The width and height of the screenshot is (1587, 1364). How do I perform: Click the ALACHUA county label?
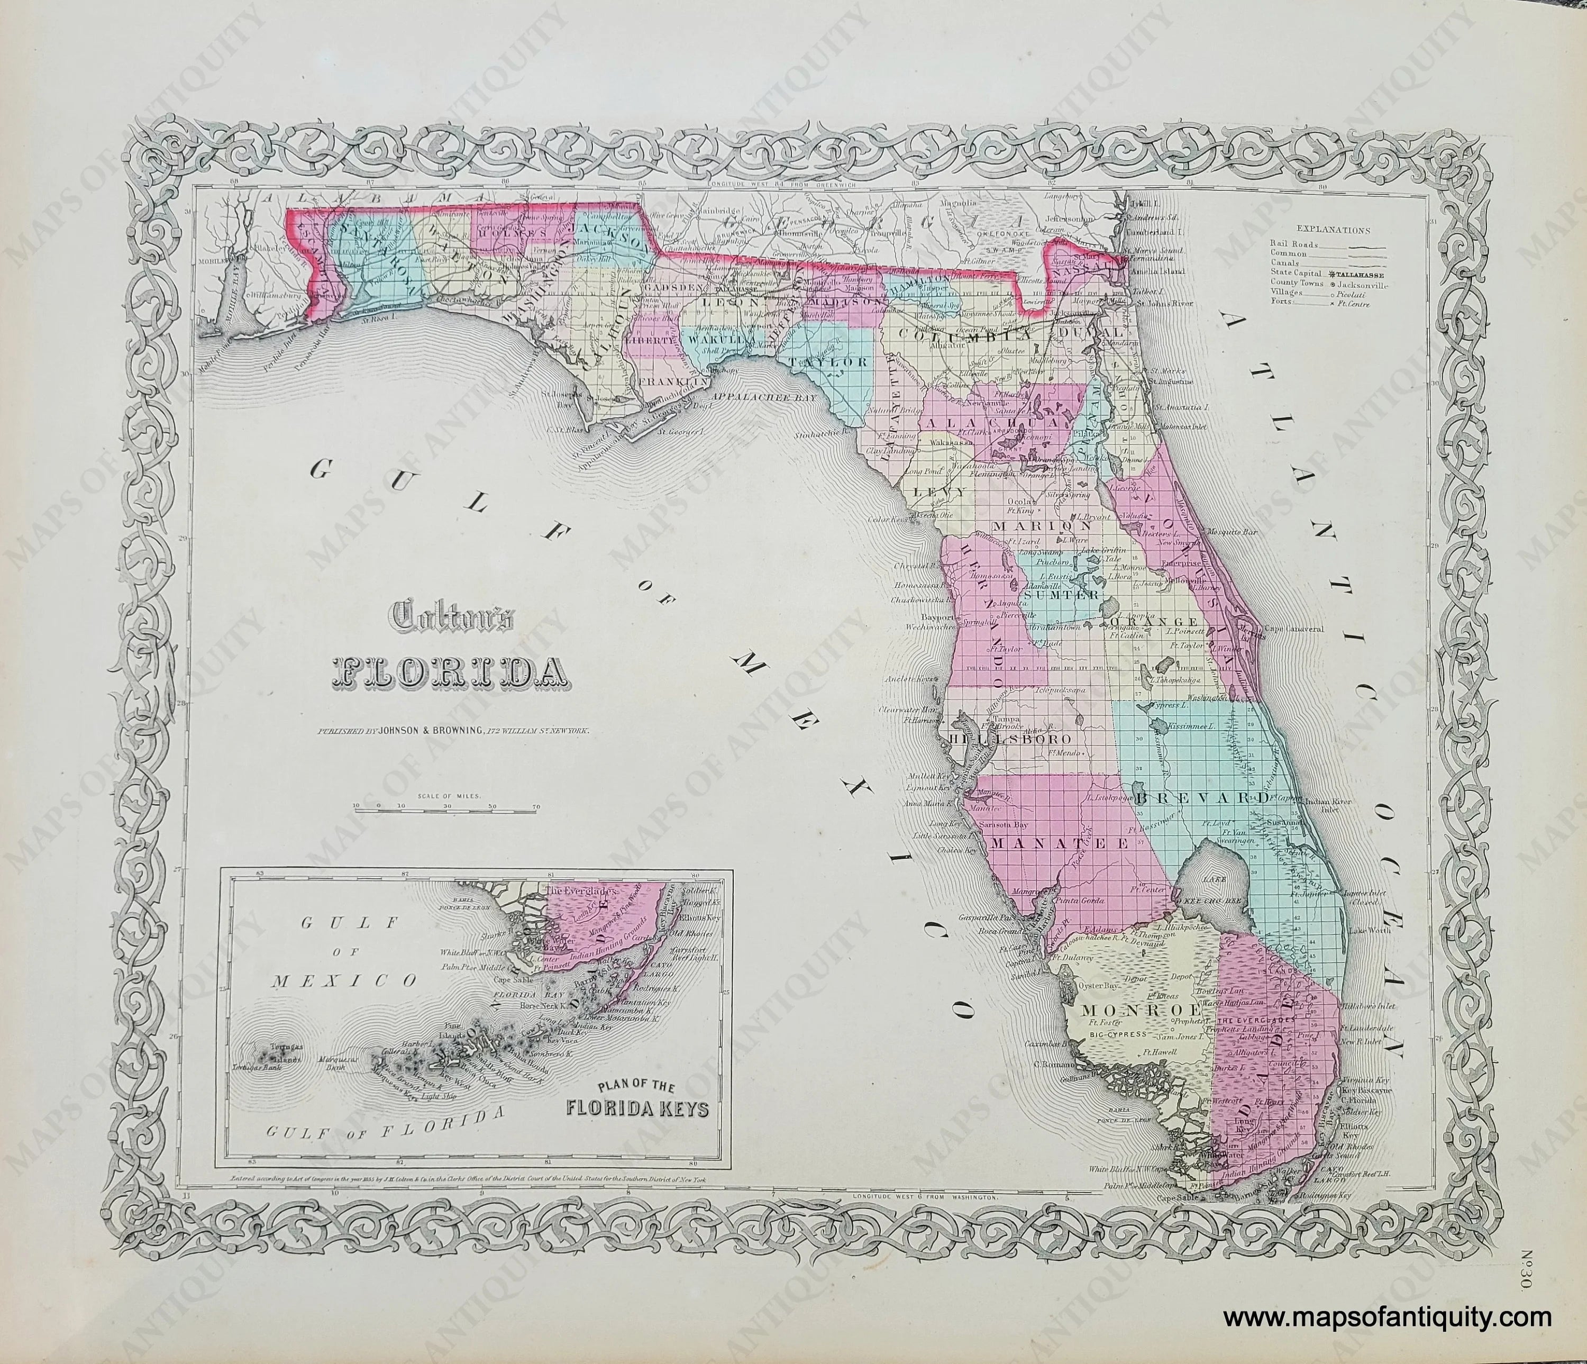point(992,422)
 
